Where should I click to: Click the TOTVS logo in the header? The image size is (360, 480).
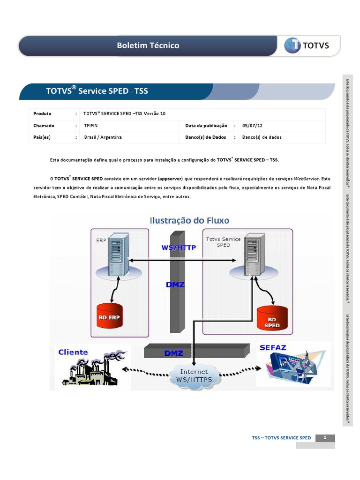click(x=307, y=45)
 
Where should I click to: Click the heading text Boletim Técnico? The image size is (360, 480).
click(x=148, y=45)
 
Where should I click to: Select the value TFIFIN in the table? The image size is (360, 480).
click(x=90, y=126)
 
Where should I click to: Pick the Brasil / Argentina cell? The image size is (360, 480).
click(x=103, y=137)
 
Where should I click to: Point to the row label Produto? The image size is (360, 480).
click(x=42, y=114)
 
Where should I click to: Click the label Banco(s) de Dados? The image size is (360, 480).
click(x=206, y=137)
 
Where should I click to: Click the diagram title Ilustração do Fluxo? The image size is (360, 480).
click(x=189, y=219)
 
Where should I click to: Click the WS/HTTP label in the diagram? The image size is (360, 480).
click(x=179, y=247)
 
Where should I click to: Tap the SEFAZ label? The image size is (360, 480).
click(x=273, y=347)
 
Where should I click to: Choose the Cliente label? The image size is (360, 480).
click(x=73, y=352)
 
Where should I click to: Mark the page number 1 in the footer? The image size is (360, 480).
click(x=325, y=437)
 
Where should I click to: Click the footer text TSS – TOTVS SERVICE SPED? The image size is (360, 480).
click(x=281, y=438)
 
